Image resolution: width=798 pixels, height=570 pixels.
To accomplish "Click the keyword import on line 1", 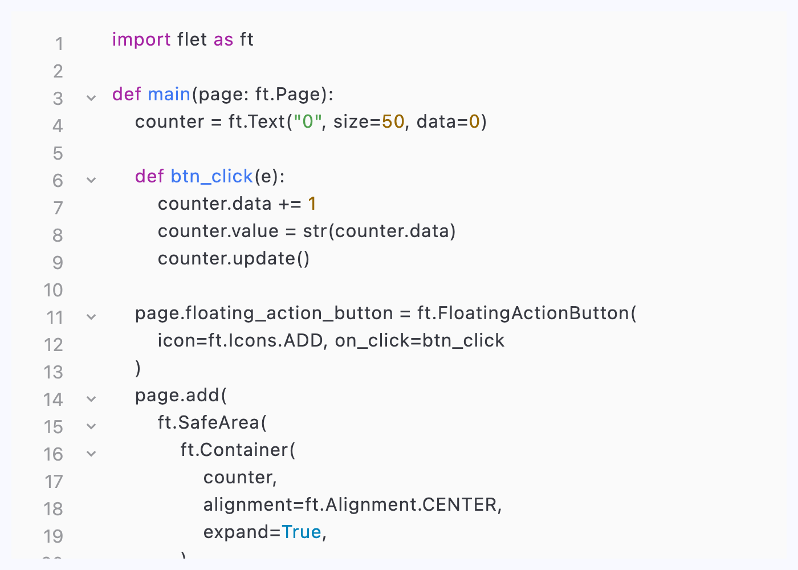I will tap(141, 40).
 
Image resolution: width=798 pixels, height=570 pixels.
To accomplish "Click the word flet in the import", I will tap(192, 40).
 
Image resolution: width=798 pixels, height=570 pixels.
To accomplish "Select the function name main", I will tap(169, 94).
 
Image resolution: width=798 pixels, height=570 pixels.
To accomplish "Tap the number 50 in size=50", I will tap(393, 121).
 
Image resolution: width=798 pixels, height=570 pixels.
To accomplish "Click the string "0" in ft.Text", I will tap(308, 121).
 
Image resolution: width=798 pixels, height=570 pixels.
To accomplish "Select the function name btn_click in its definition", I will tap(211, 177).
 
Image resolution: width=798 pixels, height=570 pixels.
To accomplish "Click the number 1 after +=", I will tap(312, 203).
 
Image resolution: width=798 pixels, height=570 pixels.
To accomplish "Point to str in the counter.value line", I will tap(314, 231).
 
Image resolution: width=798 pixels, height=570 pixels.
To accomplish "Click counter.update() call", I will tap(234, 258).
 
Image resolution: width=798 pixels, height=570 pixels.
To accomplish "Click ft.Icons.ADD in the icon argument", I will tap(267, 340).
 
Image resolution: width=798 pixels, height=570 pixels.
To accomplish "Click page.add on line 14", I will tap(177, 395).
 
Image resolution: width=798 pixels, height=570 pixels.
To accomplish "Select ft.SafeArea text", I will tap(209, 422).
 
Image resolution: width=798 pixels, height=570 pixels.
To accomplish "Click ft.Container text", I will tap(234, 450).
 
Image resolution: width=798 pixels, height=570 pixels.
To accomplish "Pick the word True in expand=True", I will tap(302, 532).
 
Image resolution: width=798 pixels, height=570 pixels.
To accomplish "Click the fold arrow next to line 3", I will tap(91, 98).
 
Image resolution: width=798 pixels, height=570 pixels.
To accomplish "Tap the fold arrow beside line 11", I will tap(91, 317).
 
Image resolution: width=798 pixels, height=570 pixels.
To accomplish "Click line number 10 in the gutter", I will tap(54, 290).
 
